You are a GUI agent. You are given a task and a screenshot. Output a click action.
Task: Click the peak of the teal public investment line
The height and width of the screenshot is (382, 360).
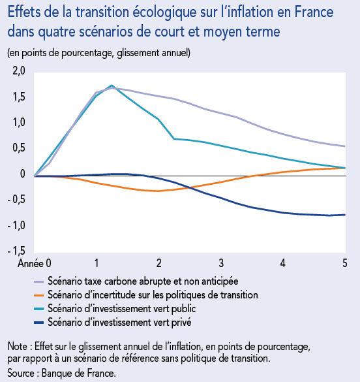[112, 85]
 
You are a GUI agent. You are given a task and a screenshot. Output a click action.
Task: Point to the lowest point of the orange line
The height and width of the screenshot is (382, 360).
[158, 191]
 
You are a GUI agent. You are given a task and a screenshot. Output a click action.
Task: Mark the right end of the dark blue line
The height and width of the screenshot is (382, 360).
[344, 215]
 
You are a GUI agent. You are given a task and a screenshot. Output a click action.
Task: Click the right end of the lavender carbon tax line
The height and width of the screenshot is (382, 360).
[344, 146]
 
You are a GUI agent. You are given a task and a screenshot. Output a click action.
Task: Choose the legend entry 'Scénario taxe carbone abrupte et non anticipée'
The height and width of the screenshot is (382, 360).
[143, 281]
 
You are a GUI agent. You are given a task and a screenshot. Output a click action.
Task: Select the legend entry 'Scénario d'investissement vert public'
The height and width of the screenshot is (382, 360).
[121, 308]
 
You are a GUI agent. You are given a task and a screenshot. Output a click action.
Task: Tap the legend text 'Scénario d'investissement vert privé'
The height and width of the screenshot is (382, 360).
[119, 322]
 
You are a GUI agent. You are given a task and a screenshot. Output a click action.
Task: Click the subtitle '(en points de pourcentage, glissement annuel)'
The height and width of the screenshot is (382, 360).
[98, 52]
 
